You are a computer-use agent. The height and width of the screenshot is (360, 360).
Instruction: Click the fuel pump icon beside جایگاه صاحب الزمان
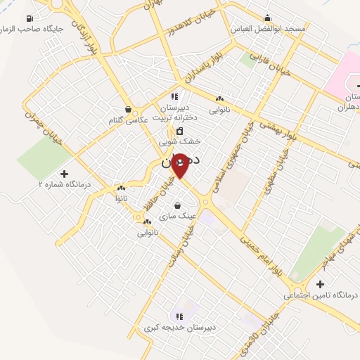[29, 18]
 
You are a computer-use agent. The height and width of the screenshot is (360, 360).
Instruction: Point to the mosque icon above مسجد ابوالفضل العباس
[267, 18]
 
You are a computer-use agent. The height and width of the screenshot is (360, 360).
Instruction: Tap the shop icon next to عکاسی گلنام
[129, 110]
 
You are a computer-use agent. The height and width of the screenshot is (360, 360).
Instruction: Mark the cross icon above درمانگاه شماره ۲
[65, 173]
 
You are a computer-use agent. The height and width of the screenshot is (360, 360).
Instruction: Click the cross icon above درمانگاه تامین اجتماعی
[321, 284]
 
